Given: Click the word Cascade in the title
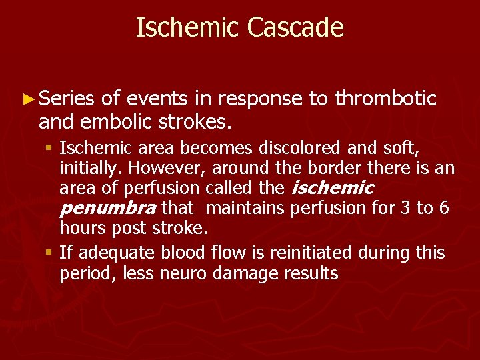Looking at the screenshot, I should [x=295, y=28].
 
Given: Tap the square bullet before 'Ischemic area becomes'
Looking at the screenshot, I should [x=51, y=147].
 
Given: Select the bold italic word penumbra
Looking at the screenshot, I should [x=108, y=209].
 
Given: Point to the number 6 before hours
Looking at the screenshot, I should [x=444, y=209].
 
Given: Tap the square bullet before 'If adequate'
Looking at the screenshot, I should [x=51, y=253].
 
